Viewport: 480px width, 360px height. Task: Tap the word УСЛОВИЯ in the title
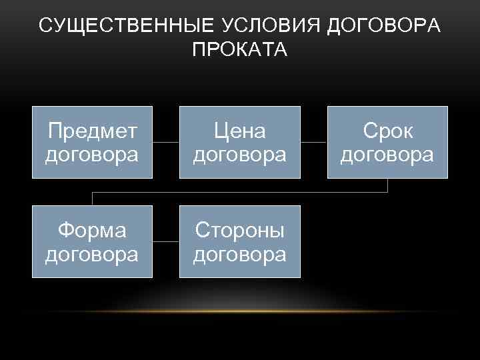point(257,26)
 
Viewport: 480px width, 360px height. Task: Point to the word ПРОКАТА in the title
point(239,50)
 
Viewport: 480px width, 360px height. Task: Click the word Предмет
point(92,131)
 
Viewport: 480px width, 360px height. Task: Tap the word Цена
point(239,131)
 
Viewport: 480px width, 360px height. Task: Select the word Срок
point(387,131)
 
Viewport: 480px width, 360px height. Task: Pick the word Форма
point(92,231)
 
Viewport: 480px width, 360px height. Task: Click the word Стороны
point(239,231)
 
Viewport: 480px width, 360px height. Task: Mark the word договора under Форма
point(92,254)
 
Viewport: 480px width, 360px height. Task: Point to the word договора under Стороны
point(239,254)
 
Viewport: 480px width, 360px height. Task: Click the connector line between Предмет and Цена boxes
point(166,142)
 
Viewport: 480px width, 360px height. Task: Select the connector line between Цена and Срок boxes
point(313,142)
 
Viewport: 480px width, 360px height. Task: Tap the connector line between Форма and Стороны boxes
point(166,241)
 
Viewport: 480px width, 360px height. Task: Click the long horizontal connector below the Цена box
point(239,192)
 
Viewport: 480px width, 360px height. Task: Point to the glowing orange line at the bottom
point(240,311)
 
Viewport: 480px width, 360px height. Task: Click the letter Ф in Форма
point(67,231)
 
